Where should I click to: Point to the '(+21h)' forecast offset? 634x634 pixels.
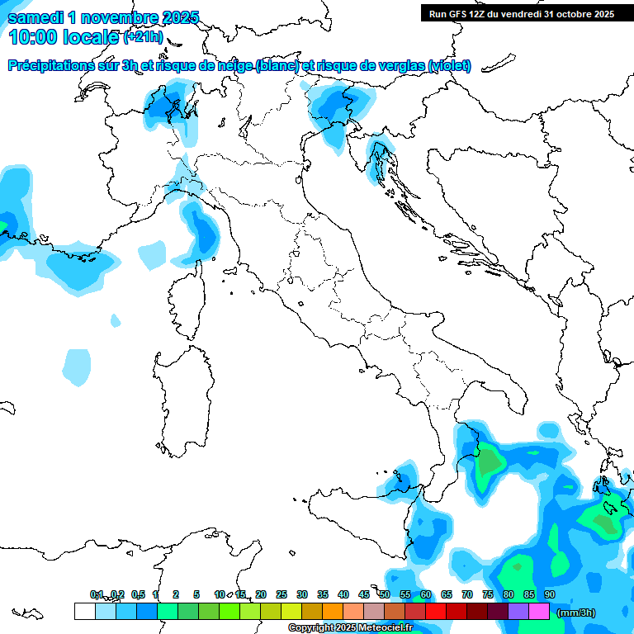click(142, 37)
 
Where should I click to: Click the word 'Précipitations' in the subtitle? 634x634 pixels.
click(59, 65)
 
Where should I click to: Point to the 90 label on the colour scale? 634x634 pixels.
click(549, 594)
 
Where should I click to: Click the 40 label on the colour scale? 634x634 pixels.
click(343, 594)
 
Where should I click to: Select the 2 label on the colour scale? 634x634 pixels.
click(176, 594)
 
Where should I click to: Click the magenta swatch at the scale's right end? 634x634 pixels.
click(539, 611)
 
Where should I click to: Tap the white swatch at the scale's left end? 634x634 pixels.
click(84, 611)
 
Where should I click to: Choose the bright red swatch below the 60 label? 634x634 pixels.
click(436, 611)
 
